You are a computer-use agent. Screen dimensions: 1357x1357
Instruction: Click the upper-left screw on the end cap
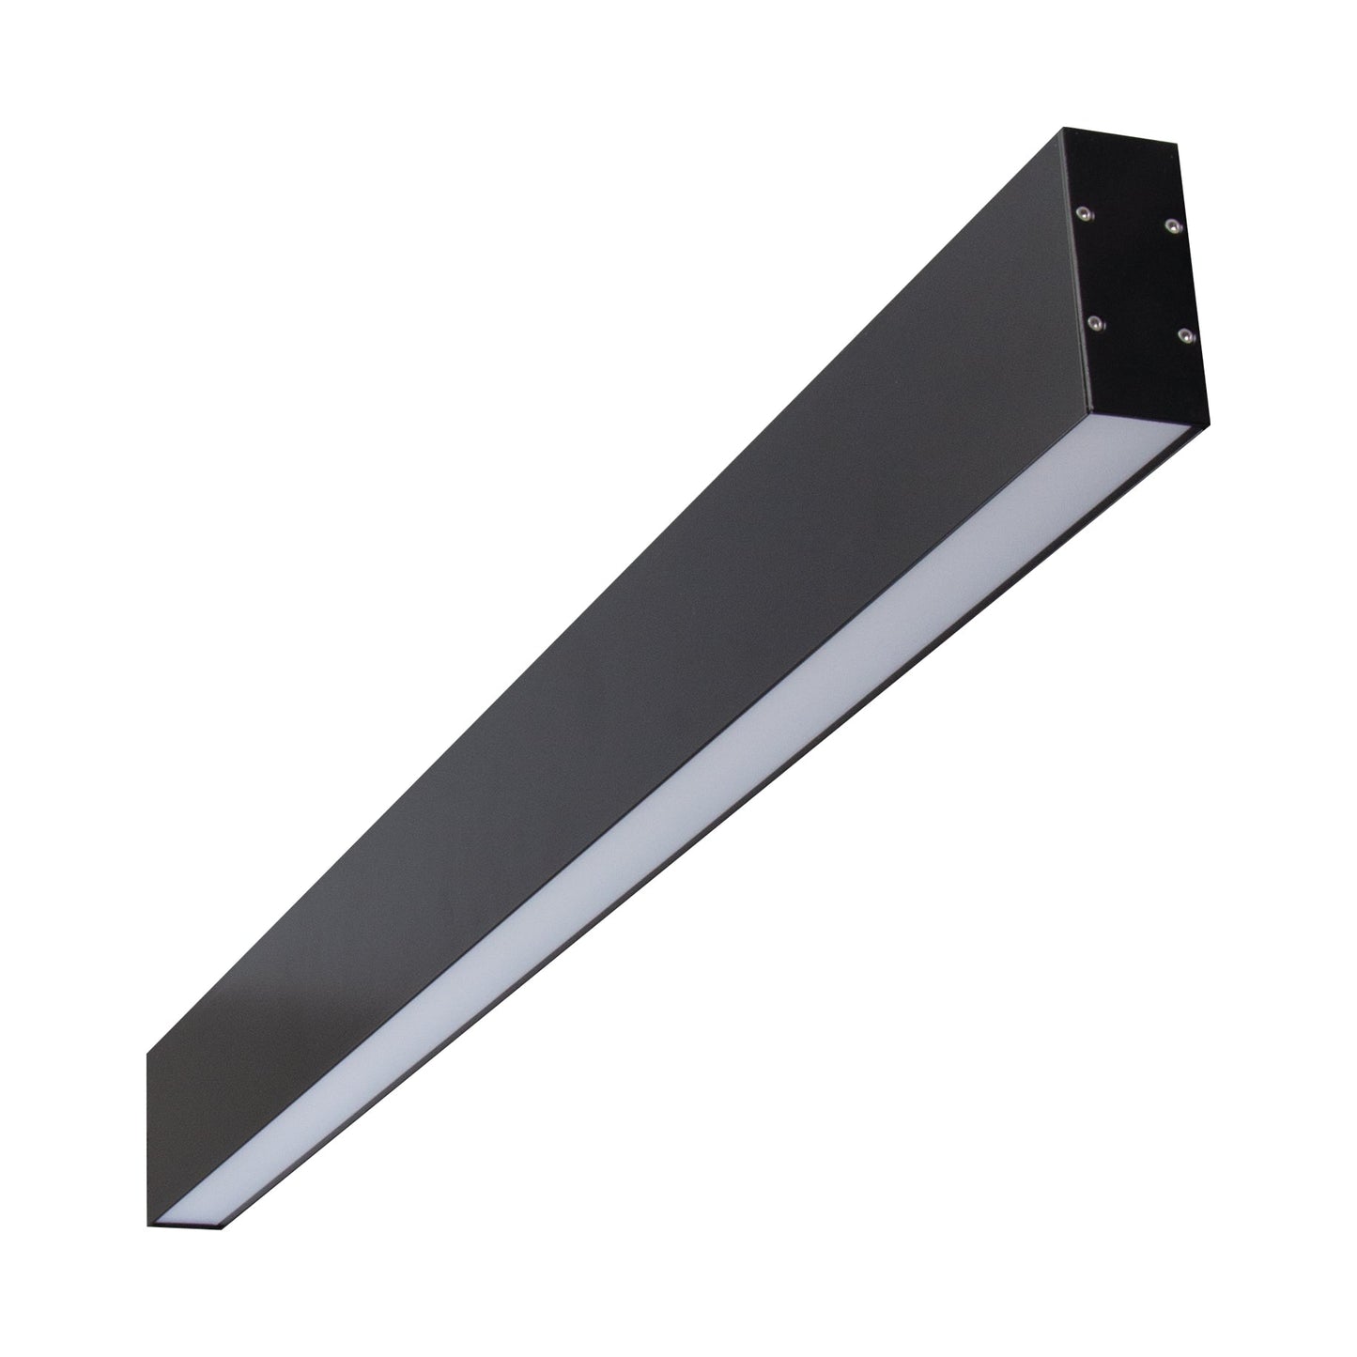(1084, 214)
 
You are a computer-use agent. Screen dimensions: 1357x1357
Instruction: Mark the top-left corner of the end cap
(1064, 129)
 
